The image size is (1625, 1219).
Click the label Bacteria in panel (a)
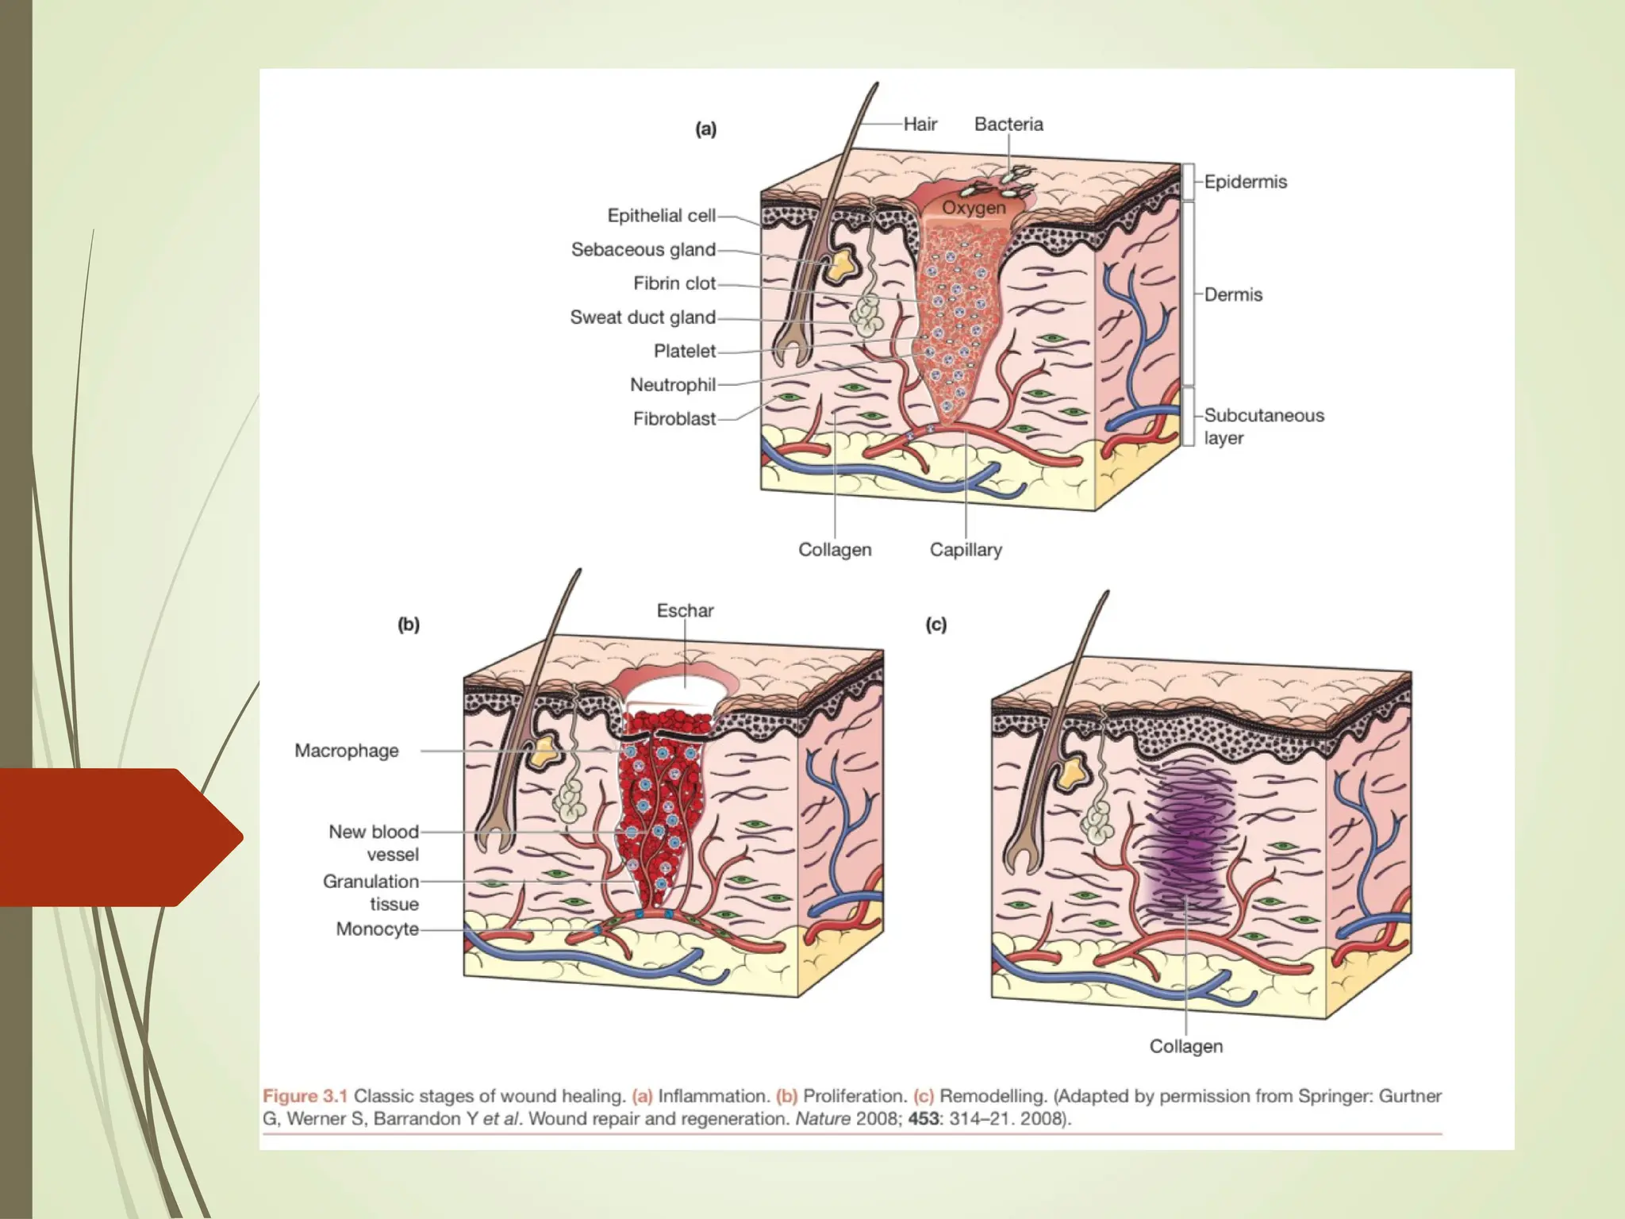pyautogui.click(x=1008, y=124)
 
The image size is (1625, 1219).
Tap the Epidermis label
pyautogui.click(x=1245, y=182)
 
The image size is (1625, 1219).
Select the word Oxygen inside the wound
pyautogui.click(x=974, y=208)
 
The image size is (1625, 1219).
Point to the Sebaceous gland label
pyautogui.click(x=643, y=249)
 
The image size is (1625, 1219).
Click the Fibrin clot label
pyautogui.click(x=674, y=283)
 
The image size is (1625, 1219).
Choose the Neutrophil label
pyautogui.click(x=672, y=385)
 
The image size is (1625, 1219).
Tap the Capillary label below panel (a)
pyautogui.click(x=966, y=549)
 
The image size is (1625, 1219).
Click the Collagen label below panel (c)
pyautogui.click(x=1185, y=1046)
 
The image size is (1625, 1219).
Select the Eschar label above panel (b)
pyautogui.click(x=685, y=610)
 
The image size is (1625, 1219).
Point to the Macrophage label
pyautogui.click(x=346, y=751)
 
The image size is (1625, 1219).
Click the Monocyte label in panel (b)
pyautogui.click(x=377, y=929)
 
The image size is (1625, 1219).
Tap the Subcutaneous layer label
pyautogui.click(x=1262, y=426)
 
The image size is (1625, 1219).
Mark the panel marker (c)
pyautogui.click(x=936, y=625)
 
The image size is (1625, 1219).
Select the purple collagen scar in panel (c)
pyautogui.click(x=1186, y=841)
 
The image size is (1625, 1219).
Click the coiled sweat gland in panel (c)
pyautogui.click(x=1098, y=822)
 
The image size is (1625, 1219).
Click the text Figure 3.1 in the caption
pyautogui.click(x=305, y=1096)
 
